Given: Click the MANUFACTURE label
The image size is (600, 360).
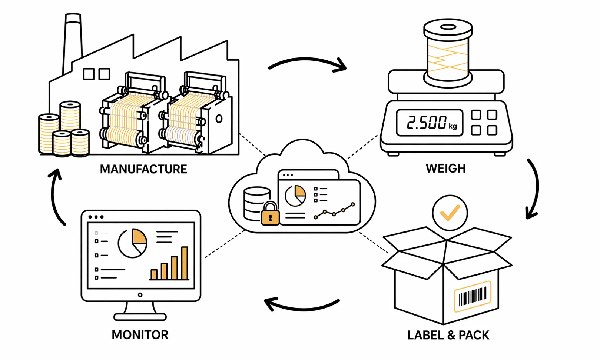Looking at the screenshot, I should pos(143,169).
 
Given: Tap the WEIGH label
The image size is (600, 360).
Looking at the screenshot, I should pos(445,169).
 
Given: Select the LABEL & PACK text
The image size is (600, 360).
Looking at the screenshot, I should pos(448,335).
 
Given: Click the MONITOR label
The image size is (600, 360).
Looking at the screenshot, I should pos(140,335).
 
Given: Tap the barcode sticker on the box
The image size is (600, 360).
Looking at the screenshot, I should pos(472,296).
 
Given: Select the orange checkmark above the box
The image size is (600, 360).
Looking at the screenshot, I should pos(450,213).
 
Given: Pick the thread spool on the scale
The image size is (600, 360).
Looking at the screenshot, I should pos(448,54).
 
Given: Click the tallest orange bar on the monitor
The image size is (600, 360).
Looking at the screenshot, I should pos(185,263).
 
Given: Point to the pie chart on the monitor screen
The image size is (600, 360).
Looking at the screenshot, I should pos(132,243).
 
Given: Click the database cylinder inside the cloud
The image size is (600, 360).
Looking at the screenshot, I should pos(256,202).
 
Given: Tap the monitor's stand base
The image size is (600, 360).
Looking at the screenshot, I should pos(140,317).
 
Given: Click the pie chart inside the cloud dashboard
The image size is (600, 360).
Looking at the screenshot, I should pos(295,196).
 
